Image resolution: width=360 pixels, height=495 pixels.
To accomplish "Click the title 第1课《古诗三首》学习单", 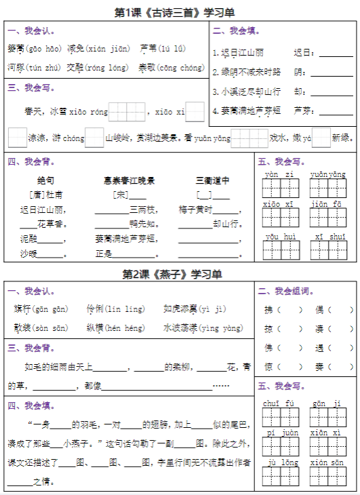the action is click(179, 12).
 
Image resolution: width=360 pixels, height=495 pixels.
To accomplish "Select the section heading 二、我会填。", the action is click(237, 31).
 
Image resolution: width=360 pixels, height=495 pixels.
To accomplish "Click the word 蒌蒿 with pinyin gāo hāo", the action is click(16, 49).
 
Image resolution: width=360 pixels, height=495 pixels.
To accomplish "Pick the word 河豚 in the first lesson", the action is click(16, 68).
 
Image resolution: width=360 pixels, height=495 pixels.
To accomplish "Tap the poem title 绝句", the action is click(45, 180).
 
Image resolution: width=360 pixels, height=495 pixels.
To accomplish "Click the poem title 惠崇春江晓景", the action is click(129, 180).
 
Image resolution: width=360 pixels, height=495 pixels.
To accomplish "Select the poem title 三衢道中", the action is click(212, 180).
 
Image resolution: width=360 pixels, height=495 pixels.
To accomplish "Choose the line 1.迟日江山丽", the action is click(239, 52).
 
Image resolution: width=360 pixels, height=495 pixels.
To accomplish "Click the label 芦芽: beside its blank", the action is click(302, 109).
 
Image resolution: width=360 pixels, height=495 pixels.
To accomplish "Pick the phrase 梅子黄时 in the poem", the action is click(196, 210).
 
